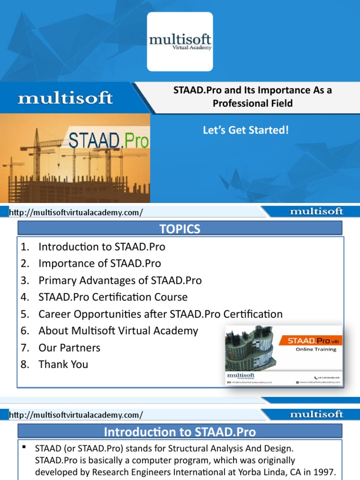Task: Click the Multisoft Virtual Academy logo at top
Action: (180, 41)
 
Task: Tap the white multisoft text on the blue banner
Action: (65, 98)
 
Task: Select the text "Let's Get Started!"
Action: (246, 129)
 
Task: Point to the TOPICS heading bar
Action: (180, 229)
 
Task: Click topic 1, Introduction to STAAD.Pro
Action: (102, 247)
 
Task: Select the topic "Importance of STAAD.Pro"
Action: (99, 263)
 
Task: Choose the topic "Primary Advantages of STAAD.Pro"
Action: (120, 280)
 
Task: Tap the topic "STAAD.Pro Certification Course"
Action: (113, 297)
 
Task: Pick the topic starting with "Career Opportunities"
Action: (160, 314)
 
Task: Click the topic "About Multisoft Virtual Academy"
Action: (118, 331)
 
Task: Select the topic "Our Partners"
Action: (69, 348)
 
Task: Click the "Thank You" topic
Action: (63, 364)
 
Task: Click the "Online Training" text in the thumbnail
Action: (315, 349)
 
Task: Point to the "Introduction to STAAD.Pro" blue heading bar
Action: (180, 431)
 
